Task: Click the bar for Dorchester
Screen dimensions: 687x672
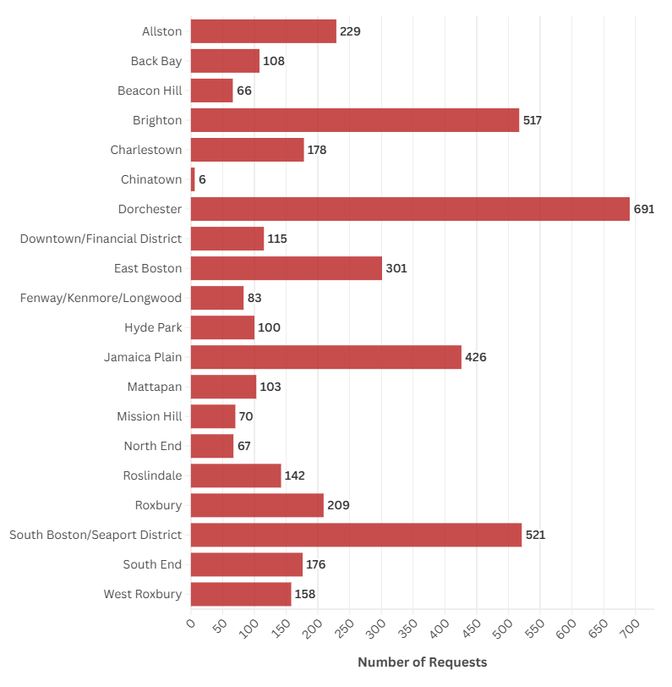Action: pyautogui.click(x=410, y=209)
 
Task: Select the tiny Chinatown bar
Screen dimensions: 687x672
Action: pyautogui.click(x=193, y=179)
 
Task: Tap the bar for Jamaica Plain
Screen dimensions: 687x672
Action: pyautogui.click(x=326, y=357)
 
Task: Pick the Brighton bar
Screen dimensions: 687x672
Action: pyautogui.click(x=355, y=120)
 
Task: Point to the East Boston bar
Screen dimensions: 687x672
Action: pyautogui.click(x=287, y=268)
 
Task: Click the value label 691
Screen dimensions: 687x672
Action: pyautogui.click(x=644, y=209)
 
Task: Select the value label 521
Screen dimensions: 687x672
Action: pyautogui.click(x=535, y=535)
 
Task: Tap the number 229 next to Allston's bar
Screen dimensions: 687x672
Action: pyautogui.click(x=350, y=31)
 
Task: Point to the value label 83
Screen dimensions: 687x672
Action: pyautogui.click(x=254, y=298)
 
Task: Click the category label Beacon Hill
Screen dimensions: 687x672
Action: pyautogui.click(x=150, y=91)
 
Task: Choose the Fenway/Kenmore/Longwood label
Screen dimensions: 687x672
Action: pyautogui.click(x=101, y=298)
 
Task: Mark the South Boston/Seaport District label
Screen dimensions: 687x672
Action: pyautogui.click(x=96, y=535)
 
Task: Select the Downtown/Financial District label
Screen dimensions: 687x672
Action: pyautogui.click(x=101, y=239)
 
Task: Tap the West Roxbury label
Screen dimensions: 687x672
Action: pyautogui.click(x=143, y=594)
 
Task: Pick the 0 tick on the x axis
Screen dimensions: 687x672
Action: pyautogui.click(x=190, y=624)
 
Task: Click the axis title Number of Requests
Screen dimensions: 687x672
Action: pyautogui.click(x=422, y=662)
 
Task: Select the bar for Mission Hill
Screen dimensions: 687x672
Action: pyautogui.click(x=213, y=416)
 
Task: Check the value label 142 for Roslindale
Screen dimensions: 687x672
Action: pyautogui.click(x=295, y=475)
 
